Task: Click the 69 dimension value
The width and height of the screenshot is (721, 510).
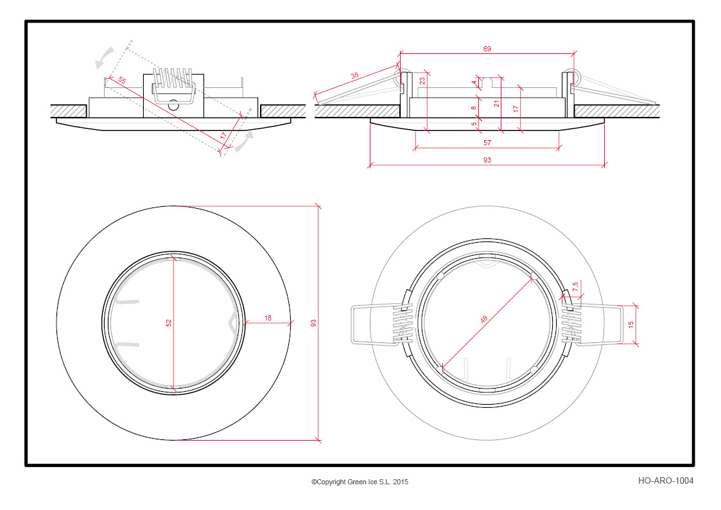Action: (x=487, y=49)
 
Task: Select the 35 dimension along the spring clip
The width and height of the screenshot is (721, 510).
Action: (x=354, y=75)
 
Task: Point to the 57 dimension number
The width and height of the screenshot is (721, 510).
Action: (x=487, y=143)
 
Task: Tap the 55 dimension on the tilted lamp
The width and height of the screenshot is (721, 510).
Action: (x=121, y=80)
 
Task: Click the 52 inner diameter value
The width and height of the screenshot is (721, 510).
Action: (x=169, y=323)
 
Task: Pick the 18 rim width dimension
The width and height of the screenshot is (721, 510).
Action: (x=268, y=318)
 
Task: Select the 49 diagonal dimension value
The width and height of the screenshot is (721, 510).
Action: (x=483, y=319)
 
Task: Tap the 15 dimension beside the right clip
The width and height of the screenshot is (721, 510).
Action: (x=631, y=324)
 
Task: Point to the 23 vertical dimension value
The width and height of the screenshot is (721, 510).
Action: (x=422, y=80)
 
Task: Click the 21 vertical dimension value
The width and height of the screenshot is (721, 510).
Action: (x=496, y=104)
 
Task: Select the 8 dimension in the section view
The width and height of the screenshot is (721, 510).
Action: (x=474, y=108)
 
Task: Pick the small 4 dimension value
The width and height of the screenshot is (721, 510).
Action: (x=474, y=83)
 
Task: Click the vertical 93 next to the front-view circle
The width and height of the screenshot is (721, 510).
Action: (x=313, y=323)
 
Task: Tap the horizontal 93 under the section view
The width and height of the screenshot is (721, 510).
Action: (x=487, y=160)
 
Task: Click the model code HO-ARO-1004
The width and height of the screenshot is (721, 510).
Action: (x=665, y=480)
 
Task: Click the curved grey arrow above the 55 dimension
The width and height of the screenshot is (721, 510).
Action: (x=105, y=57)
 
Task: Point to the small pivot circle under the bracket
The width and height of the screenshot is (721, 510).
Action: (x=173, y=105)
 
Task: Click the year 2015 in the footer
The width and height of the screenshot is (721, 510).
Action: (x=401, y=482)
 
